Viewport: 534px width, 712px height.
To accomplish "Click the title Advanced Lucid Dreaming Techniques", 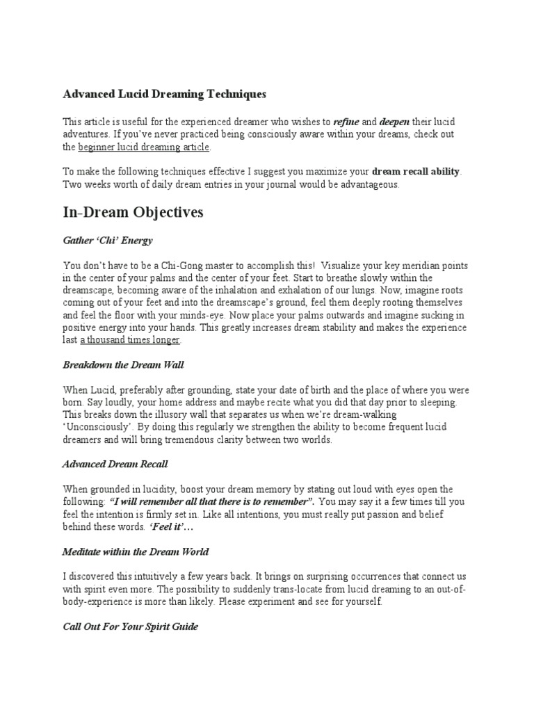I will (x=164, y=94).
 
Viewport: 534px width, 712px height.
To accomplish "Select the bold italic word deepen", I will (x=395, y=121).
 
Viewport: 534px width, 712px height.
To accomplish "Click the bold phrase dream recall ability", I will (x=416, y=172).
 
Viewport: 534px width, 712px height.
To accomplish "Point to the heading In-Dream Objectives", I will (x=133, y=212).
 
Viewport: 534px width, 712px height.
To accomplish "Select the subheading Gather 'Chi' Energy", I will (x=108, y=241).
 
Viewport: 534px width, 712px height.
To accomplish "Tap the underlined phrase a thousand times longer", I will (x=131, y=340).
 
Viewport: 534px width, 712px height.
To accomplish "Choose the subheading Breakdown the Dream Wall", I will (x=124, y=364).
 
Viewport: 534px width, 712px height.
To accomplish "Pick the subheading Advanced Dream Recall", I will (x=115, y=464).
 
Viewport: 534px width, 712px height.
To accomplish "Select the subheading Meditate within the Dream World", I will (x=136, y=551).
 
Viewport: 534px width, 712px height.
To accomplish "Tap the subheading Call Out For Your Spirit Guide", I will (x=130, y=626).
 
